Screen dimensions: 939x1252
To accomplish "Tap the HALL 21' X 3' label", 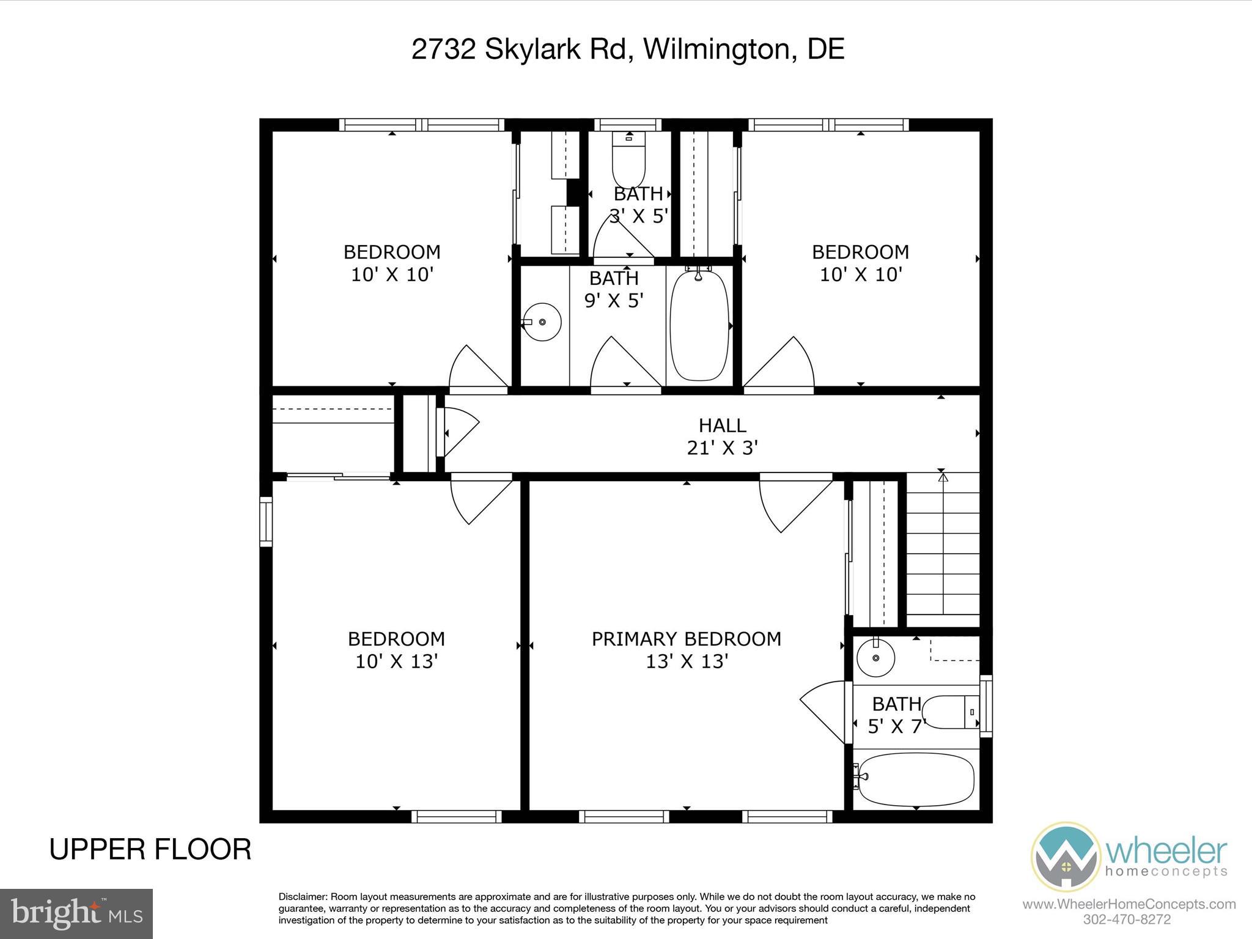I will (722, 436).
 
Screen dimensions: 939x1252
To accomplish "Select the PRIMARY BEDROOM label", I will (686, 639).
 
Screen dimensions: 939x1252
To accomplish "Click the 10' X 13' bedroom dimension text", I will (397, 661).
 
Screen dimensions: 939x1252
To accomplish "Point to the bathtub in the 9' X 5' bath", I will (699, 325).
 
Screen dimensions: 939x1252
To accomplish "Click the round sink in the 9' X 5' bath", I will (543, 322).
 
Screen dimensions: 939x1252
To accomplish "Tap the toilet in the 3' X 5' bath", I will (628, 160).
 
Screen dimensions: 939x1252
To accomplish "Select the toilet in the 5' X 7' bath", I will (949, 712).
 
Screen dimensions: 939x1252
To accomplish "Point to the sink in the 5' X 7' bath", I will (875, 657).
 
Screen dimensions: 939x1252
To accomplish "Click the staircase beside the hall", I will (942, 550).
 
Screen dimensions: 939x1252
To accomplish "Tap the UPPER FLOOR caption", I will (150, 850).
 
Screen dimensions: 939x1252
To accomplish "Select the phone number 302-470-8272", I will (1127, 919).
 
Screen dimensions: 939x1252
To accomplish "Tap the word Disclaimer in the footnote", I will (303, 897).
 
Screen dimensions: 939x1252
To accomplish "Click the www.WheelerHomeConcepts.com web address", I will (1129, 904).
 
